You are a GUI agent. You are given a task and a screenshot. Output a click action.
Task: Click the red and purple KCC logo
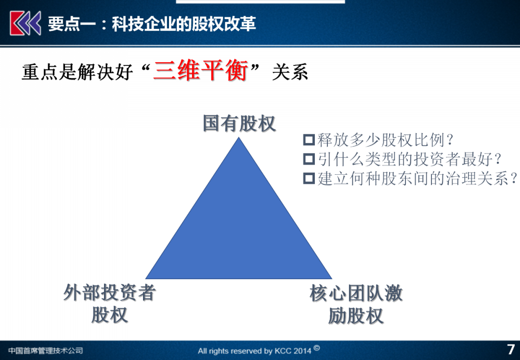coord(25,23)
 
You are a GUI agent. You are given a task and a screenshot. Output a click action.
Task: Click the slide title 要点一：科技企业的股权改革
coord(152,24)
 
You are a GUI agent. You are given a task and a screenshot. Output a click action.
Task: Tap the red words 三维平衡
coord(200,71)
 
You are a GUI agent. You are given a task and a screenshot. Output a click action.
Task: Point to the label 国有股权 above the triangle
coord(239,124)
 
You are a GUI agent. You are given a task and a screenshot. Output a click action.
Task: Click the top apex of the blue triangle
coord(239,138)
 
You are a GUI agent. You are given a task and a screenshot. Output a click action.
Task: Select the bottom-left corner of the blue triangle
coord(146,279)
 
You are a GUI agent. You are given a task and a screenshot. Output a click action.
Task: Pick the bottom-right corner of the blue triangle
coord(332,279)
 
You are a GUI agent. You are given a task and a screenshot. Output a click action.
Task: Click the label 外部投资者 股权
coord(110,303)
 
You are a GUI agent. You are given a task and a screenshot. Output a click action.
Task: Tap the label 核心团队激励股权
coord(356,304)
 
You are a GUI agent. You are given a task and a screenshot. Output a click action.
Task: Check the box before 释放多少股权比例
coord(309,140)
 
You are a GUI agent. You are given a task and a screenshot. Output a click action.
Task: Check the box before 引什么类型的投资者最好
coord(309,159)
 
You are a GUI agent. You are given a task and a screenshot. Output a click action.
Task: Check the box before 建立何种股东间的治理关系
coord(309,179)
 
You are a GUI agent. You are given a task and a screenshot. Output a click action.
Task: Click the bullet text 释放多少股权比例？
coord(385,140)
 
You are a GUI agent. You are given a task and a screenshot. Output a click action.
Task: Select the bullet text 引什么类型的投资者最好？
coord(409,159)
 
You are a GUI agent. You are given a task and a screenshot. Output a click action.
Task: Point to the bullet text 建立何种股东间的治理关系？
coord(417,179)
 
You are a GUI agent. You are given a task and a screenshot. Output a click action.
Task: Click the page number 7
coord(511,349)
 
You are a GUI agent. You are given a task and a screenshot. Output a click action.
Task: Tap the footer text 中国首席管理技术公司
coord(45,351)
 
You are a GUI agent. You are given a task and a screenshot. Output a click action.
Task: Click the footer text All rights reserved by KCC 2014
coord(255,351)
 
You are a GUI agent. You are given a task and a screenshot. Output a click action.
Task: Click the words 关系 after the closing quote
coord(290,72)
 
